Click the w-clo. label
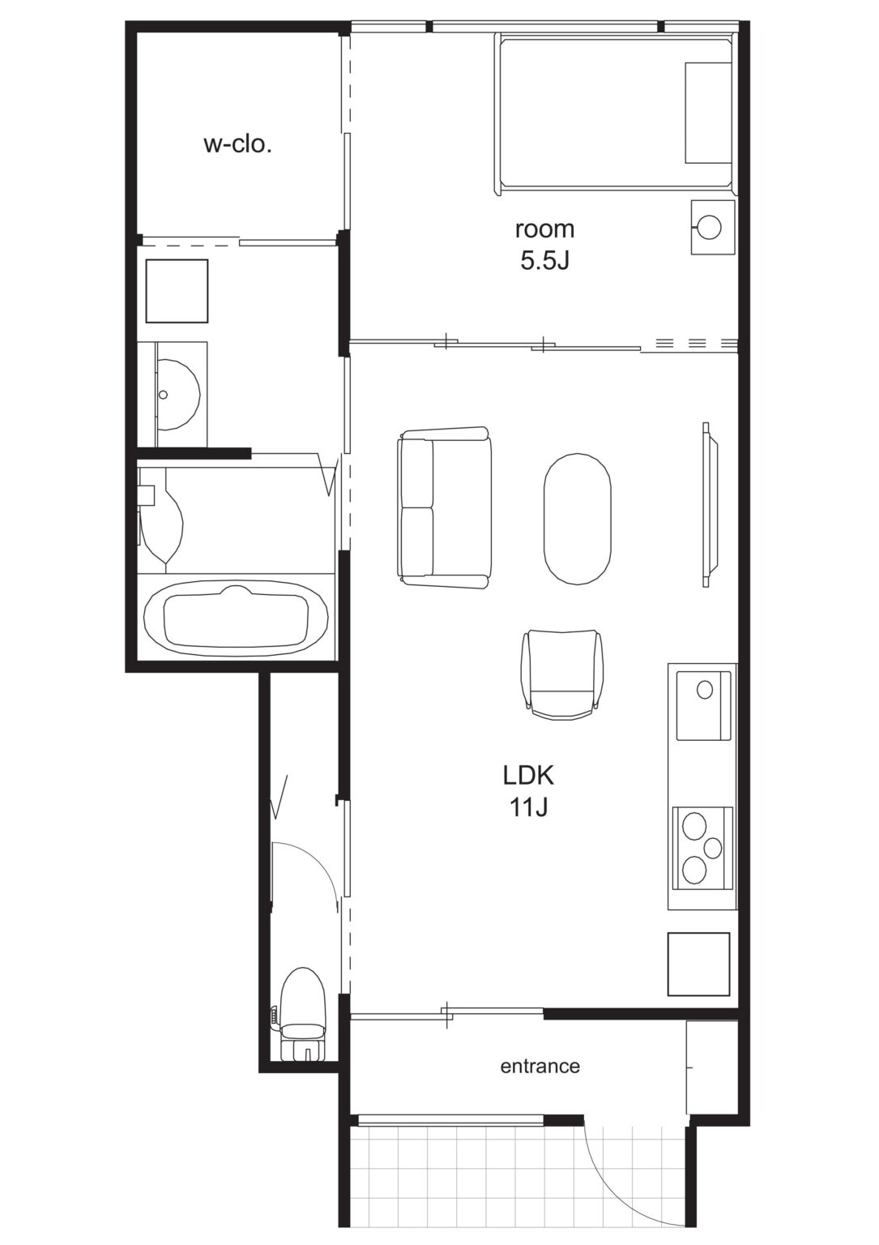click(238, 145)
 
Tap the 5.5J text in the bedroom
click(544, 261)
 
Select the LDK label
click(528, 775)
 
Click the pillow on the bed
click(708, 113)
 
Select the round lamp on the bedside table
click(710, 227)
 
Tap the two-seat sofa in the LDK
click(445, 507)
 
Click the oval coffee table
click(577, 519)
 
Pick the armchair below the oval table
click(561, 674)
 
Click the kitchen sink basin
click(703, 706)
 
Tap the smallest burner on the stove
click(712, 848)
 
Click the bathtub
click(236, 617)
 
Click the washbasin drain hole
click(163, 395)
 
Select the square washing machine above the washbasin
click(177, 291)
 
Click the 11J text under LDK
click(529, 807)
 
